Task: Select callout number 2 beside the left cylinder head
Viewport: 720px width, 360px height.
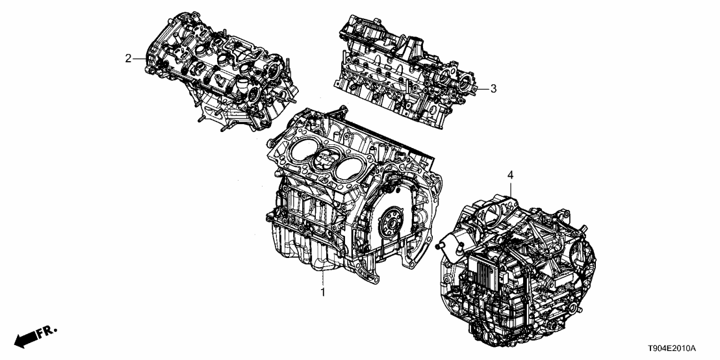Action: (128, 58)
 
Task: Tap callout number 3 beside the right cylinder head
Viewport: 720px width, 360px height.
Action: (493, 88)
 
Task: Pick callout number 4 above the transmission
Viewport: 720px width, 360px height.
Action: (510, 175)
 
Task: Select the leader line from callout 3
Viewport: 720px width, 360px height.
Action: (482, 88)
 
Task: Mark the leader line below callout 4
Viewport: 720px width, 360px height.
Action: (511, 188)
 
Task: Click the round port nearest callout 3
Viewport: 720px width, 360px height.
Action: (467, 85)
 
